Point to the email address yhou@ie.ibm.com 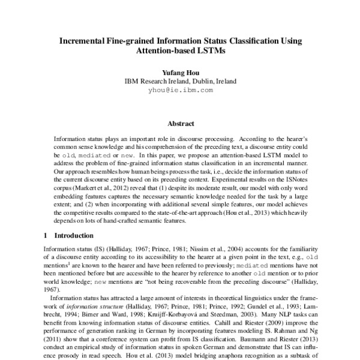tap(180, 90)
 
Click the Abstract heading tap(180, 124)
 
